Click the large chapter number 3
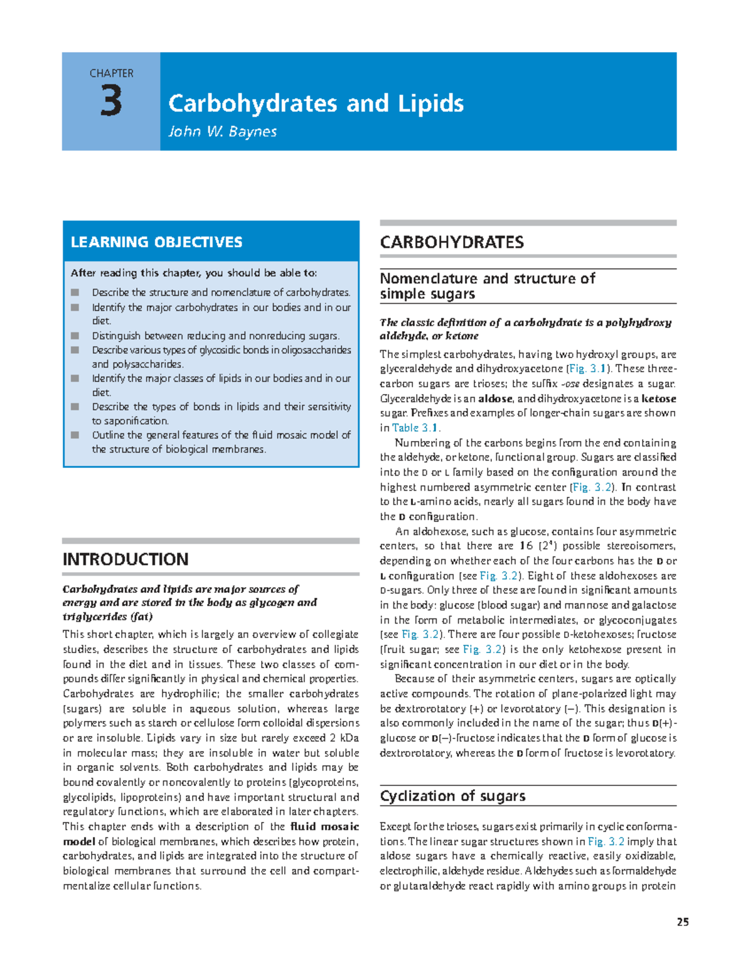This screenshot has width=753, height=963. [x=111, y=102]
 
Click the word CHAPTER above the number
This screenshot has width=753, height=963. [x=111, y=73]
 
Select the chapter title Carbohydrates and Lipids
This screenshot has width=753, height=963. [x=316, y=104]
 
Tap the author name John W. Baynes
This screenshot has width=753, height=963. [x=222, y=132]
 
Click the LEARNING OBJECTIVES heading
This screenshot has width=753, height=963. [x=156, y=242]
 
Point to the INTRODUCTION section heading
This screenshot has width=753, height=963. [x=125, y=559]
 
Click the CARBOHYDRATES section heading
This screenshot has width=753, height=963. [x=452, y=242]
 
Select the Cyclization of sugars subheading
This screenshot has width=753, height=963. [x=452, y=796]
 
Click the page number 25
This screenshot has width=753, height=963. [x=683, y=922]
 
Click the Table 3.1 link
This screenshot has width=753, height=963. [x=415, y=428]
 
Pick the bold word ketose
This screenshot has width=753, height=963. [x=658, y=398]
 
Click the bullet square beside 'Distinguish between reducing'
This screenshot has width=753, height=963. [x=75, y=336]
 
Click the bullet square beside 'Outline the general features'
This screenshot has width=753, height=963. [x=75, y=435]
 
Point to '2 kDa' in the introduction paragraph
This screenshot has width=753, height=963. [x=344, y=738]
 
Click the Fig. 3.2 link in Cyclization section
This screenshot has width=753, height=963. [x=606, y=841]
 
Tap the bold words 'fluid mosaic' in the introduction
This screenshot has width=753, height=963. [x=324, y=826]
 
